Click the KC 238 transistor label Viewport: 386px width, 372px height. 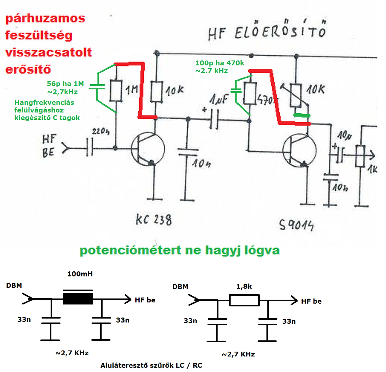153,220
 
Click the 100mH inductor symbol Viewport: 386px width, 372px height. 78,299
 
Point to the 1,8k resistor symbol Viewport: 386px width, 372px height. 244,300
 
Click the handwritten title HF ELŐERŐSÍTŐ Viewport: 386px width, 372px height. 266,33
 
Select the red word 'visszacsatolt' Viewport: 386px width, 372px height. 49,52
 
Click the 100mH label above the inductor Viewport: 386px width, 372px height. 80,274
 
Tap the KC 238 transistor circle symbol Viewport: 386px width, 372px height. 147,149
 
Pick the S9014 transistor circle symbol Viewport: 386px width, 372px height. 299,150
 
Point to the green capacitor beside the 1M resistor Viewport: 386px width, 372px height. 98,87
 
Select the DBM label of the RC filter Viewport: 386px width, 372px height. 180,287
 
